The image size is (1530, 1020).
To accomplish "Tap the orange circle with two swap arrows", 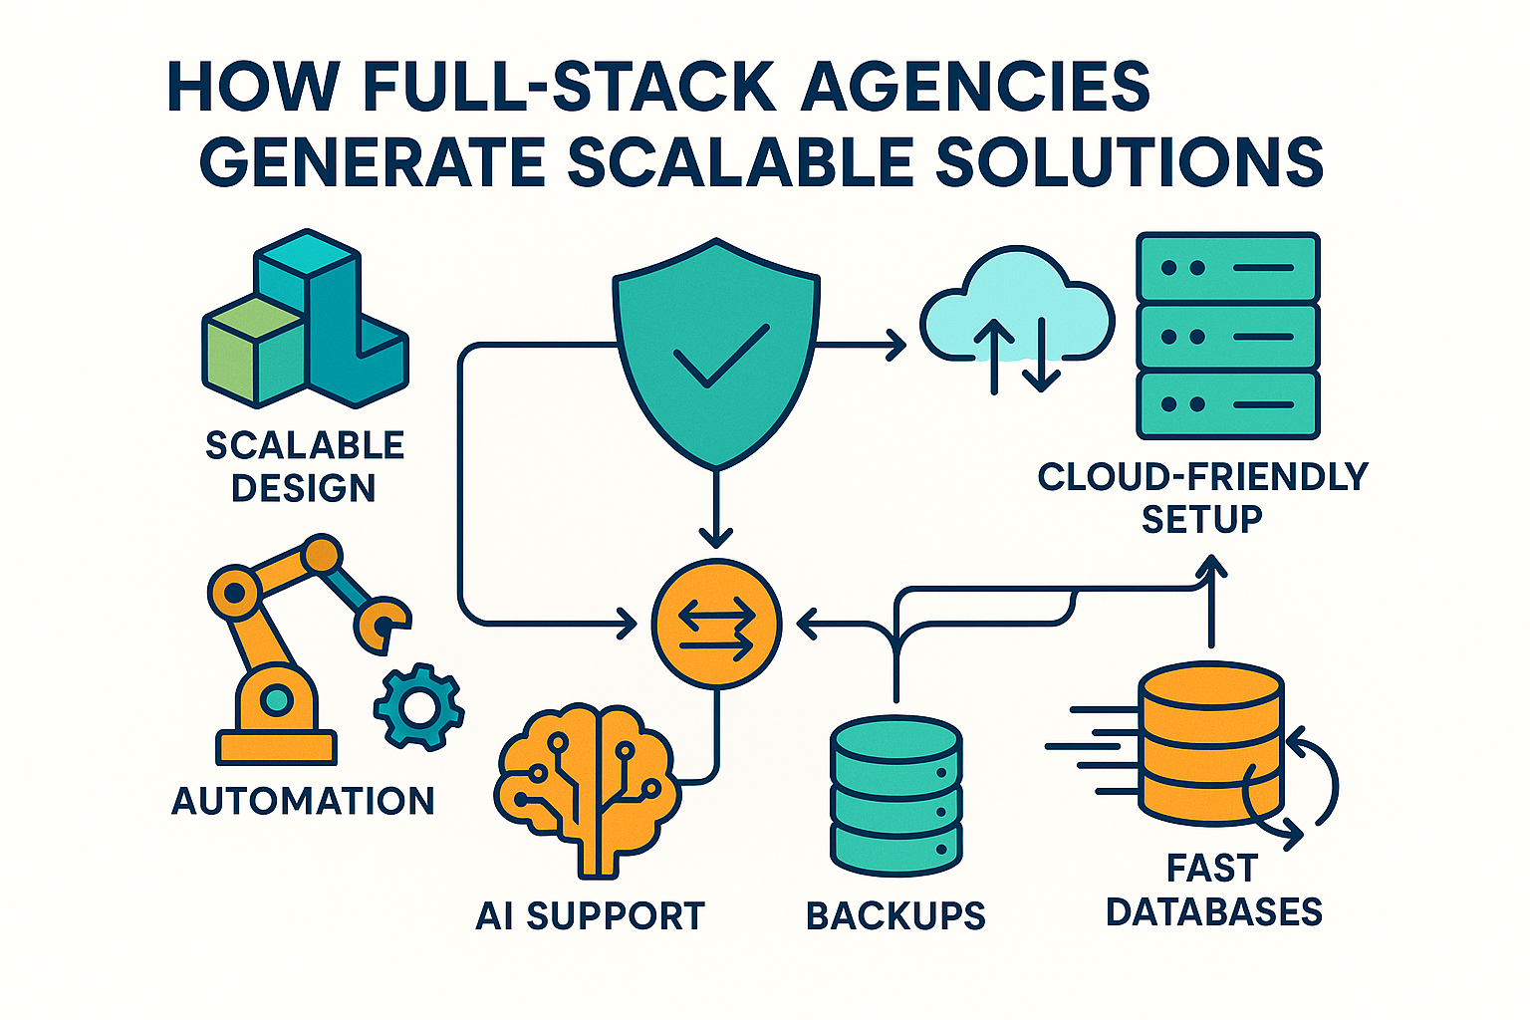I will [716, 624].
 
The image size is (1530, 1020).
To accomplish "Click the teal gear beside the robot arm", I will [418, 706].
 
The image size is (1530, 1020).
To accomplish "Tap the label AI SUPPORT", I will [590, 915].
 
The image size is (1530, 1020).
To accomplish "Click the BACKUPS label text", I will [894, 915].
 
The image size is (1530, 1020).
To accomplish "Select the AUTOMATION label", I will [303, 801].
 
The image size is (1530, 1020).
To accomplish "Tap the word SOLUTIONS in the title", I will [1130, 162].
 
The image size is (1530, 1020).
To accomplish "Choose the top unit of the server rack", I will [1227, 268].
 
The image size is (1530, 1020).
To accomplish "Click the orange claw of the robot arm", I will [384, 624].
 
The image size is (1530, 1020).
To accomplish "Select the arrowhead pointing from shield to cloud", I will [894, 346].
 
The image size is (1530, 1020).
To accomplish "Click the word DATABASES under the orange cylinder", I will [1213, 911].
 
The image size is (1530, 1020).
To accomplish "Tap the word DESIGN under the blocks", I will [303, 488].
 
